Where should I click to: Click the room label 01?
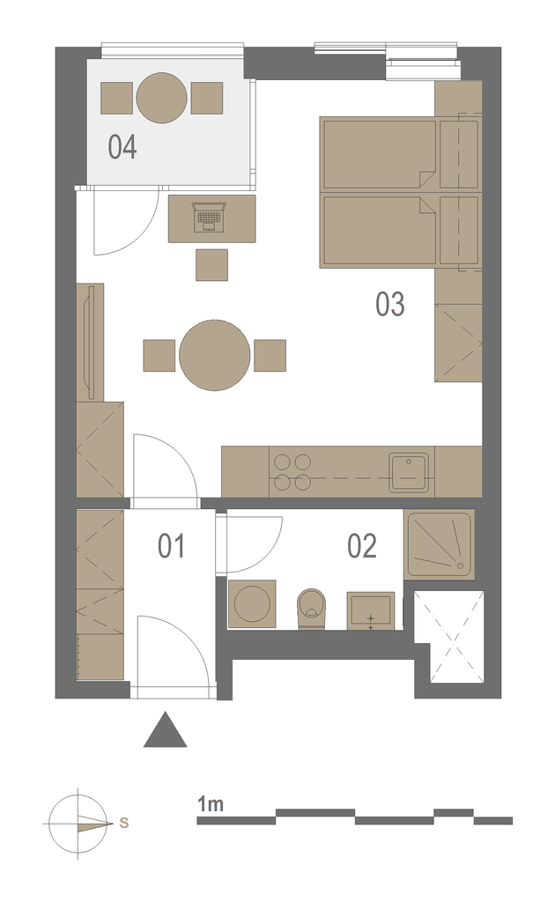coord(172,546)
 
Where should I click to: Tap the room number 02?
coord(362,546)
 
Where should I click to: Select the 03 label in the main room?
coord(390,304)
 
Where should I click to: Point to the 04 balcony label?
coord(122,147)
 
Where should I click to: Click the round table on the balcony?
coord(161,98)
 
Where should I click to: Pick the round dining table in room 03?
coord(215,356)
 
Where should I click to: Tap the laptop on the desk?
coord(210,217)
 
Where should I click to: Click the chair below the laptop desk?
coord(211,264)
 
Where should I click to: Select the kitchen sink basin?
coord(409,472)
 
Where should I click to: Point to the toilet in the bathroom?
coord(312,609)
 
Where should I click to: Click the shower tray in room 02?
coord(440,544)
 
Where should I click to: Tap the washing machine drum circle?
coord(252,604)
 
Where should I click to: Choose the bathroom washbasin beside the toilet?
coord(370,610)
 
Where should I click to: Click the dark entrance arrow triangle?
coord(165,729)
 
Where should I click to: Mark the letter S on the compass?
coord(123,823)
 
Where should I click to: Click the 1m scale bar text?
coord(211,803)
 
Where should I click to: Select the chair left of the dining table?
coord(159,356)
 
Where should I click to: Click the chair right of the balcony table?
coord(207,98)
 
